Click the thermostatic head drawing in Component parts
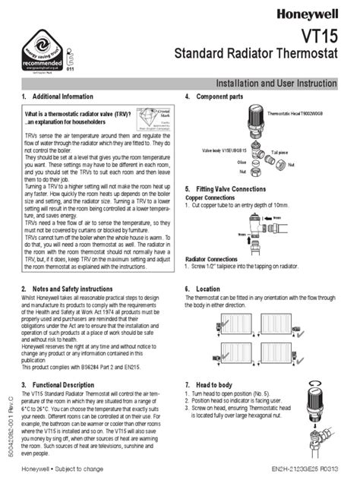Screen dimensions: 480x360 [261, 123]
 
